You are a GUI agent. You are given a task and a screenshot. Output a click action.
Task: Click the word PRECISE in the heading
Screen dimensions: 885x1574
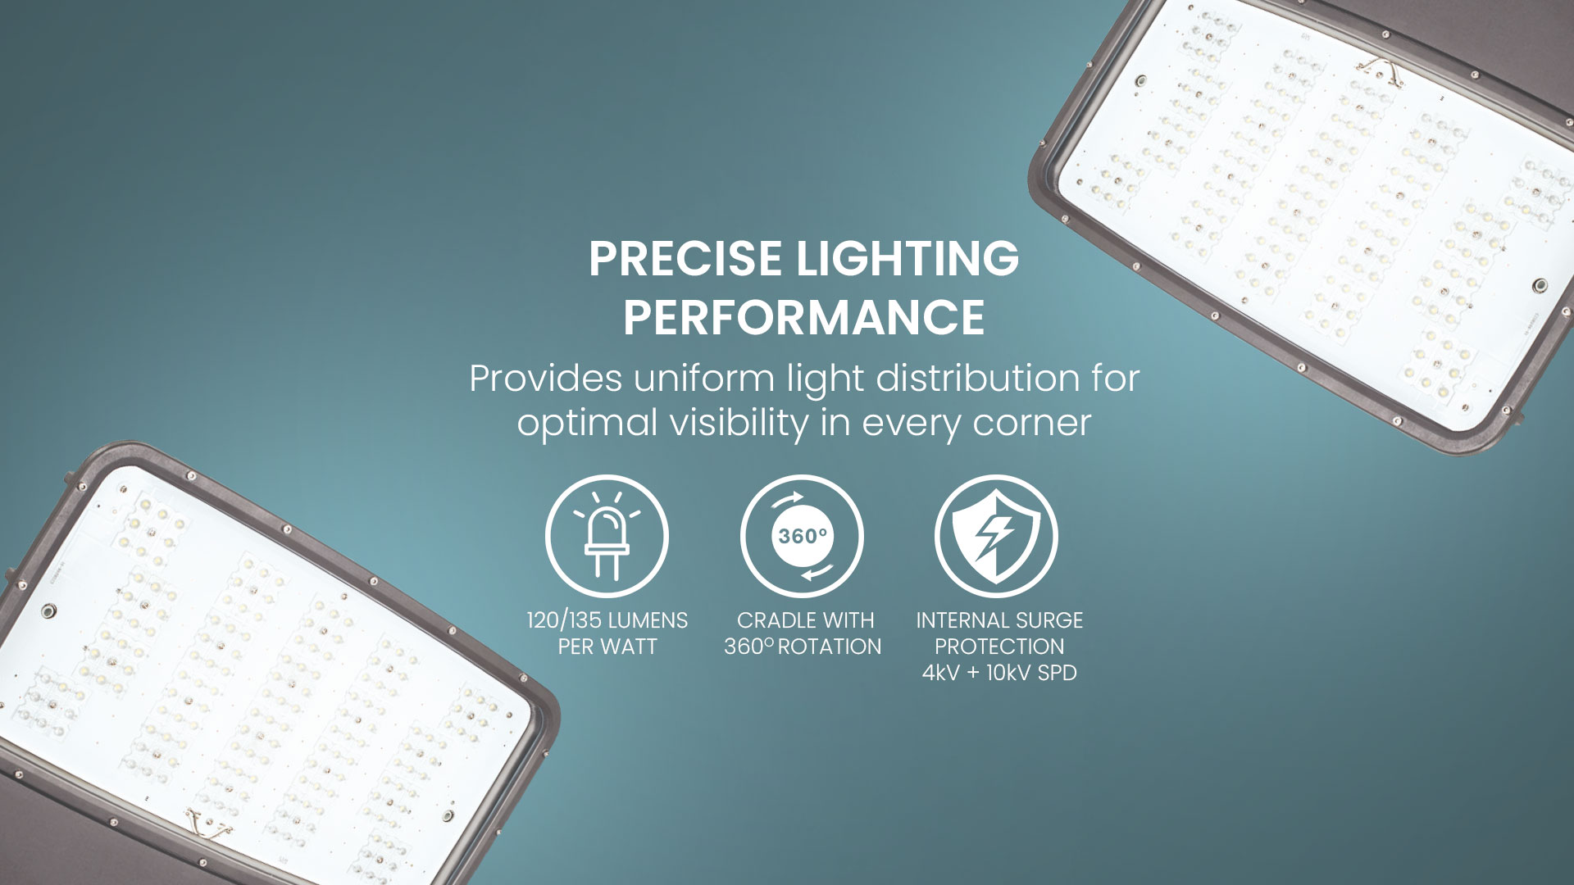click(x=685, y=259)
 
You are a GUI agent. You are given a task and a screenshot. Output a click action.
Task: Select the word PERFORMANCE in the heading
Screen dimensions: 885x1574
click(x=803, y=318)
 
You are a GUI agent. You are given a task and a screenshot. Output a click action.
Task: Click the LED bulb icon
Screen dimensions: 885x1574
click(x=607, y=537)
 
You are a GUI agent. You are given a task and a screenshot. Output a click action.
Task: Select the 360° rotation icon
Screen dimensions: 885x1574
click(x=802, y=537)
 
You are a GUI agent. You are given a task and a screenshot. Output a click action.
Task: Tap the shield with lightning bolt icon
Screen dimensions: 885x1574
click(x=996, y=537)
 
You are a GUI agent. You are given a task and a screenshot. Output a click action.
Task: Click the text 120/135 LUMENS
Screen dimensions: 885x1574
click(x=607, y=620)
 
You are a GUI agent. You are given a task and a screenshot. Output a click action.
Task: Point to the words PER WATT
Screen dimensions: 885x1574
click(x=607, y=647)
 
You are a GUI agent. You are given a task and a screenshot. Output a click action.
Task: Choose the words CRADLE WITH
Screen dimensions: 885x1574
click(x=805, y=620)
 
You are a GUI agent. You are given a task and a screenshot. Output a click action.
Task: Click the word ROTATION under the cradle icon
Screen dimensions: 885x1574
click(x=829, y=647)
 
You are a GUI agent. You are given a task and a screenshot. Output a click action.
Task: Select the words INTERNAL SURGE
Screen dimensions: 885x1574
click(x=999, y=620)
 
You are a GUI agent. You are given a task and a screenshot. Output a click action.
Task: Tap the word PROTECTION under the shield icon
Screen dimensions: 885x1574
click(x=999, y=647)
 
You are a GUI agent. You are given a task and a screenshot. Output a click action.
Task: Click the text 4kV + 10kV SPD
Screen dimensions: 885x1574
click(x=999, y=673)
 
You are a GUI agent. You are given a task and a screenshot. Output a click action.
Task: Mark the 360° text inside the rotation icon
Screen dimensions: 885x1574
click(x=802, y=537)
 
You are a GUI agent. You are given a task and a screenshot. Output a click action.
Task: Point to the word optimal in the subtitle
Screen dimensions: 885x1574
click(x=587, y=424)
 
